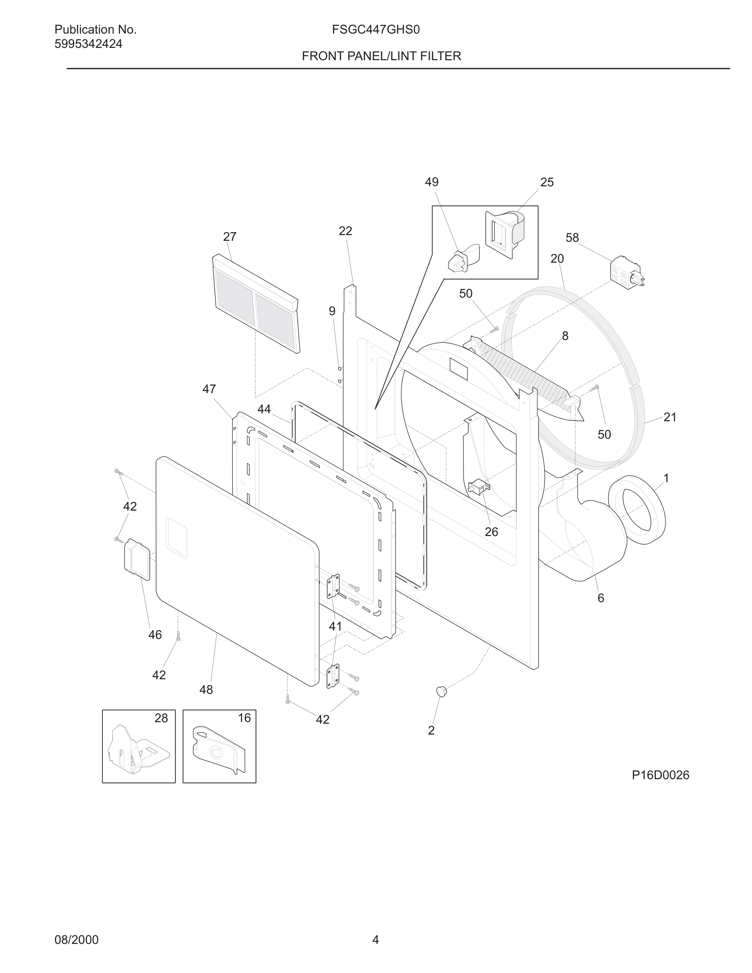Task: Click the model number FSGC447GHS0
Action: (x=376, y=30)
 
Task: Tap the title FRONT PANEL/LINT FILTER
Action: (x=381, y=56)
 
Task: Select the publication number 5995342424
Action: (x=88, y=44)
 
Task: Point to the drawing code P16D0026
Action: (x=660, y=775)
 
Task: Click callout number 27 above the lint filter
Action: (x=229, y=237)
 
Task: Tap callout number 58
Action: (x=572, y=238)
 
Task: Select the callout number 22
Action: (x=345, y=231)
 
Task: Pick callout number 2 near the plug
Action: (x=431, y=730)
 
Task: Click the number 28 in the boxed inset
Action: (x=161, y=718)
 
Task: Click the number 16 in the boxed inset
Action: (x=244, y=718)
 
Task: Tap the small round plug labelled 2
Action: (x=441, y=691)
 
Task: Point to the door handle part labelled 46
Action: (x=137, y=559)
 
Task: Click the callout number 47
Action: (x=209, y=389)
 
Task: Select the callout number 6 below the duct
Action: (x=600, y=598)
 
